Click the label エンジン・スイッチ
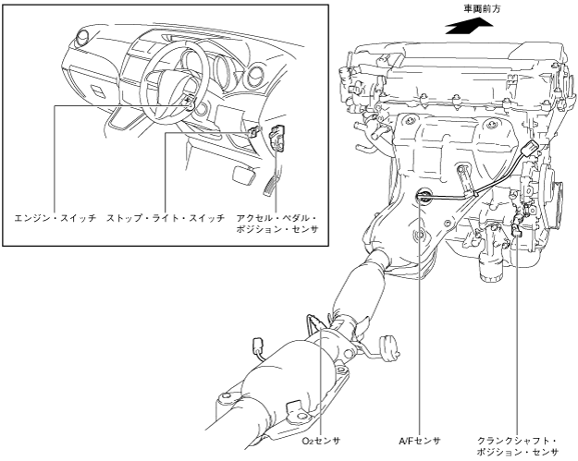tap(55, 218)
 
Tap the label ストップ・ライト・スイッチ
tap(166, 218)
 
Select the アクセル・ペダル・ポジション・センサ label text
tap(277, 224)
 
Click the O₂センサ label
tap(321, 441)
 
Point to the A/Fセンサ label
tap(420, 441)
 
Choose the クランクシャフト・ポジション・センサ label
tap(517, 446)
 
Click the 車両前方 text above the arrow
tap(482, 9)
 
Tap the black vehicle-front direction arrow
tap(469, 27)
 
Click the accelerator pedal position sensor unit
tap(277, 137)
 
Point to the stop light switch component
tap(253, 131)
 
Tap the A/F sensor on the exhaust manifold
tap(423, 195)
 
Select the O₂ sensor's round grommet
tap(388, 346)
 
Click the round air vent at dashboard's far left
tap(81, 38)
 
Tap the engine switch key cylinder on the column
tap(190, 105)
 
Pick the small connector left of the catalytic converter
tap(257, 346)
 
